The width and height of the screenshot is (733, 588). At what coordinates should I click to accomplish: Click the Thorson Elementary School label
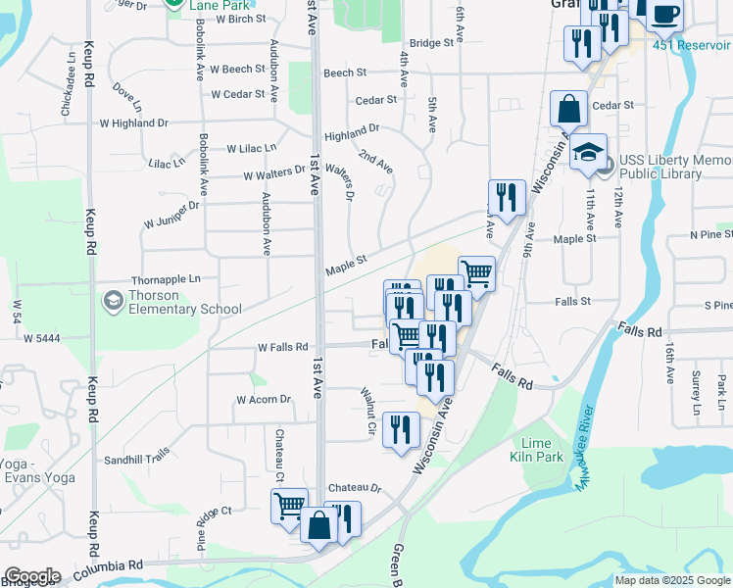[183, 302]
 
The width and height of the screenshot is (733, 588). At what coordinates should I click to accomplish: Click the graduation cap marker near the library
[588, 153]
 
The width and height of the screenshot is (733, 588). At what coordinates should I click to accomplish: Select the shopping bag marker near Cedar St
[568, 109]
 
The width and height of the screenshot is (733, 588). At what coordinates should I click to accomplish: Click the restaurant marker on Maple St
[507, 197]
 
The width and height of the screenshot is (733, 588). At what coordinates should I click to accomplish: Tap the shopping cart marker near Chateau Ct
[289, 507]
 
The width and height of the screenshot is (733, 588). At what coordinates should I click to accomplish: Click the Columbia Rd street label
[107, 564]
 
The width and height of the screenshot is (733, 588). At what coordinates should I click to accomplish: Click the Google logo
[32, 576]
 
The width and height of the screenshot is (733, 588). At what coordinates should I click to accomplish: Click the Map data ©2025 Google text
[672, 580]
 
